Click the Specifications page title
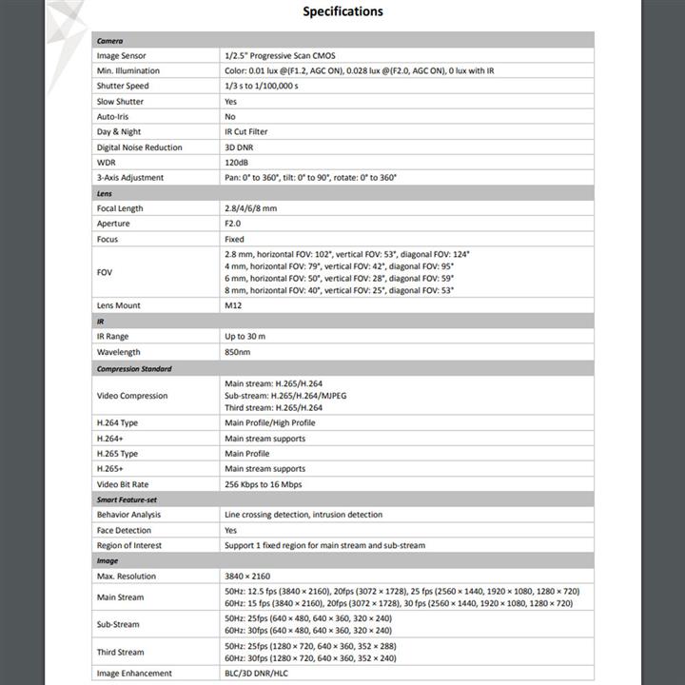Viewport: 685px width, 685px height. pyautogui.click(x=342, y=12)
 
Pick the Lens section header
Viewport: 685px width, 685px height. pyautogui.click(x=105, y=193)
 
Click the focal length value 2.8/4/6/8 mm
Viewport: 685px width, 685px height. pyautogui.click(x=251, y=208)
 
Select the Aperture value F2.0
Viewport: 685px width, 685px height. pyautogui.click(x=234, y=224)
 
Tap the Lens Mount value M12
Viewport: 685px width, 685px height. pyautogui.click(x=234, y=305)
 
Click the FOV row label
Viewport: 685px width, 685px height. pyautogui.click(x=105, y=272)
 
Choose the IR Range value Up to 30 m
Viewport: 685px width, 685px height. pyautogui.click(x=245, y=336)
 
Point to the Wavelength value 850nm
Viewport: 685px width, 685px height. pyautogui.click(x=238, y=352)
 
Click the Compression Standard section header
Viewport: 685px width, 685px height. pyautogui.click(x=134, y=368)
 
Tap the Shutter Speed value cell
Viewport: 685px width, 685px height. pyautogui.click(x=262, y=86)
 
